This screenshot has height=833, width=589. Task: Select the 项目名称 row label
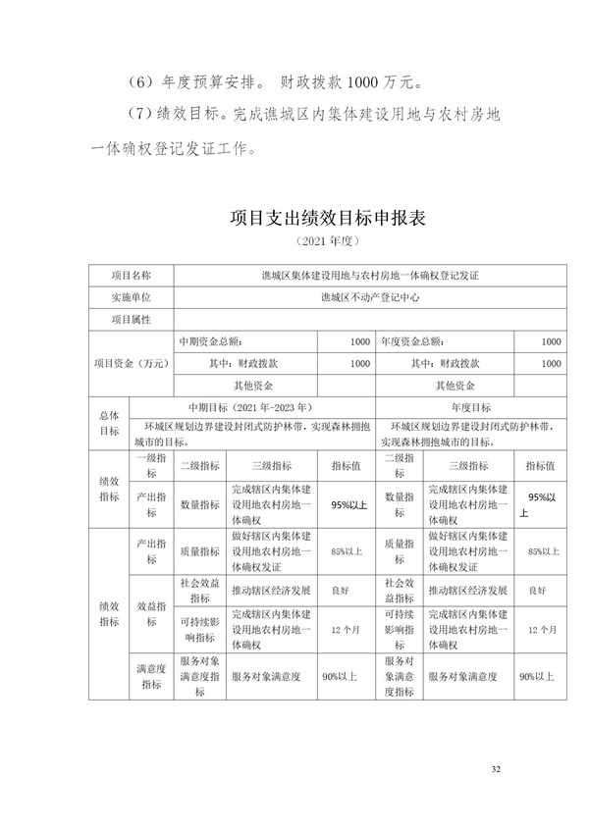point(132,276)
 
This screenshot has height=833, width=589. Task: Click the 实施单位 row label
point(132,297)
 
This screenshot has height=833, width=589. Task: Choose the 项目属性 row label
point(132,320)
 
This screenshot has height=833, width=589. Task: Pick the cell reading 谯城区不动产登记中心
point(370,297)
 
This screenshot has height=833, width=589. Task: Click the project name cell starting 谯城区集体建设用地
point(370,276)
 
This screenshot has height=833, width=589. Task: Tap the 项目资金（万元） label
point(132,363)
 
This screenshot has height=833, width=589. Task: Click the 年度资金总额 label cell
point(411,341)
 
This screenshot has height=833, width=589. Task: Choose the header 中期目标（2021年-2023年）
point(249,405)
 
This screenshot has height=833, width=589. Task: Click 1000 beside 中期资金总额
point(358,341)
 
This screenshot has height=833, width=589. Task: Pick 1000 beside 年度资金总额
point(551,341)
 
